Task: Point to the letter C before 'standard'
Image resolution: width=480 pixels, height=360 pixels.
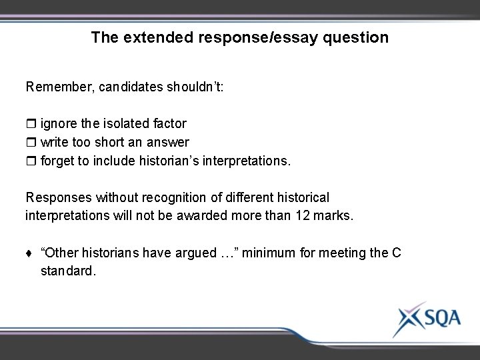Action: (396, 253)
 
